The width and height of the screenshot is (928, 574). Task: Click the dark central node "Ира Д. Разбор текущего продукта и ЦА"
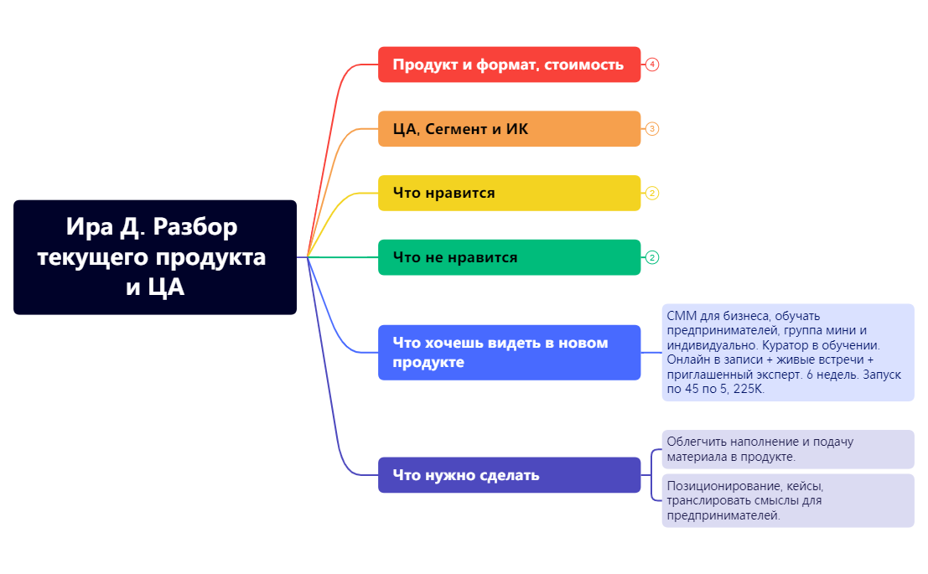155,257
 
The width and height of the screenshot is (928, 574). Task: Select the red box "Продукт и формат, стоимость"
509,65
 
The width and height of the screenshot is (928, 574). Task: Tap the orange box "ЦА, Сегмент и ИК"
509,129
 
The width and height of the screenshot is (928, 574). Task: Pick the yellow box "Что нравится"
509,193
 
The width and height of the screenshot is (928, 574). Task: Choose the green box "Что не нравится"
509,257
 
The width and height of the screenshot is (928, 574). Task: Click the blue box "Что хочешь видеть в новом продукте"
509,353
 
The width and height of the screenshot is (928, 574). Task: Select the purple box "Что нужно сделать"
509,475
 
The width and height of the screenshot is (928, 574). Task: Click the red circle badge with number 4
652,65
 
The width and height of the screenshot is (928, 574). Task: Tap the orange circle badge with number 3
652,129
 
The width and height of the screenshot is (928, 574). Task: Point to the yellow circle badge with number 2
652,193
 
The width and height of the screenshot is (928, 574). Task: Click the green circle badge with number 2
652,257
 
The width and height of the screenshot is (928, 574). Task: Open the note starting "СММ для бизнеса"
787,353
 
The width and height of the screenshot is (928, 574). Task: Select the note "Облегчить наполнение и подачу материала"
787,449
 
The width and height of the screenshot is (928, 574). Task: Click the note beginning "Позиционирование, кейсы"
787,500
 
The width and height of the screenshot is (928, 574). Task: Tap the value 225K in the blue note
749,390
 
